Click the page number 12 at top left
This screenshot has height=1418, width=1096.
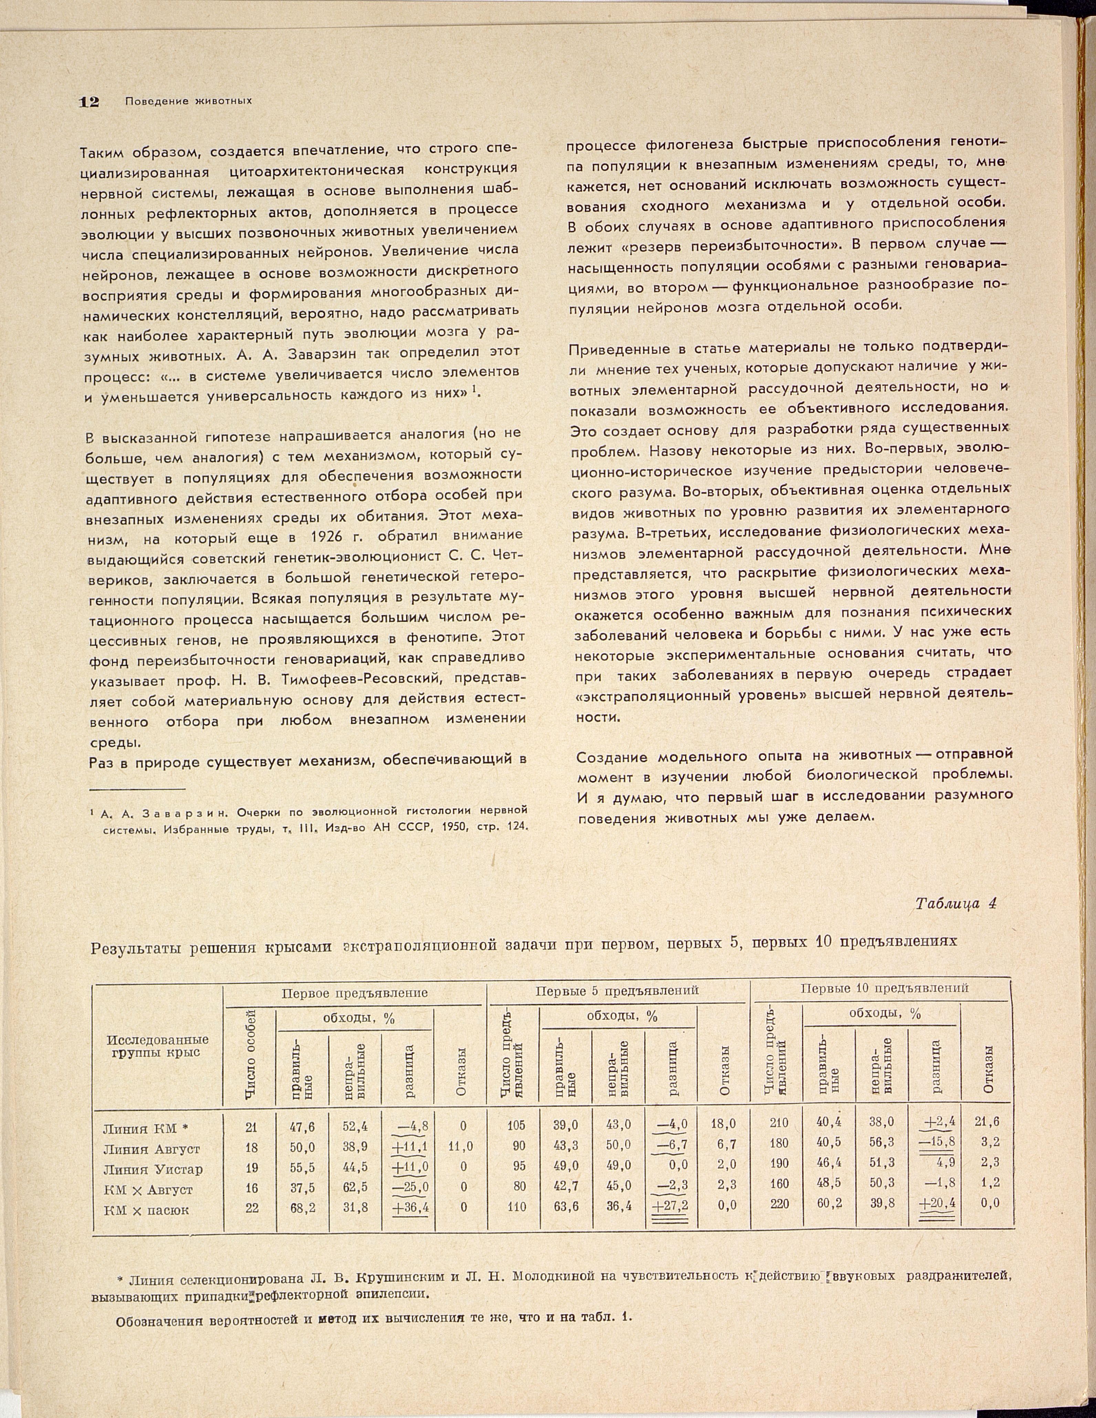(x=88, y=102)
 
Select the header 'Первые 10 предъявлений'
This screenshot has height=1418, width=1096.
(x=884, y=988)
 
